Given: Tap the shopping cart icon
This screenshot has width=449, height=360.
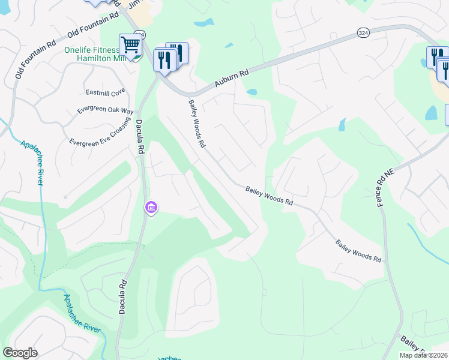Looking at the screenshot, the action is (x=130, y=44).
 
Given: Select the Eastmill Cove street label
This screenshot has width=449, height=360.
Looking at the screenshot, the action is (x=105, y=92).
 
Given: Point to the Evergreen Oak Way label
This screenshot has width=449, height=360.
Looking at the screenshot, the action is (x=105, y=111).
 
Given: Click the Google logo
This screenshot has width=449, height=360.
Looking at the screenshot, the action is (x=20, y=353).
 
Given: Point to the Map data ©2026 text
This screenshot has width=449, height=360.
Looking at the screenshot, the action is (x=423, y=355).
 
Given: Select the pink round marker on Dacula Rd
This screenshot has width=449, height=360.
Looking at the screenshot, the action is (x=151, y=208).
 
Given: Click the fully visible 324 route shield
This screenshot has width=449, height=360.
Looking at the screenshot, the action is (x=363, y=32).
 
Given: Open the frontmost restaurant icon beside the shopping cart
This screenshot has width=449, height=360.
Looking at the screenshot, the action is (x=163, y=60).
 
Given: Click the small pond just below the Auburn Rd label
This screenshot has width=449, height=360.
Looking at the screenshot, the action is (x=252, y=92).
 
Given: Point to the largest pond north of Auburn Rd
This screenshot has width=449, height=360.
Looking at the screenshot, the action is (x=204, y=23).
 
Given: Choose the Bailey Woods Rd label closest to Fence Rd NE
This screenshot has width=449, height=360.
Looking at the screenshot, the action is (x=358, y=251).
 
